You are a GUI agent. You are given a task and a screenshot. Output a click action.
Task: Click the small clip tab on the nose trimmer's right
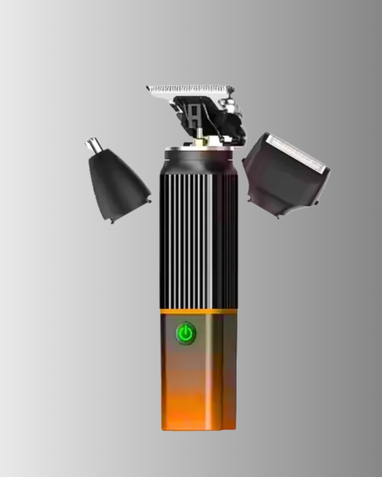click(150, 201)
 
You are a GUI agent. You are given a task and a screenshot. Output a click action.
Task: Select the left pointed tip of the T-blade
click(147, 87)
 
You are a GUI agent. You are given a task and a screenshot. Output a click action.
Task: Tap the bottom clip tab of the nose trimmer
click(112, 222)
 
